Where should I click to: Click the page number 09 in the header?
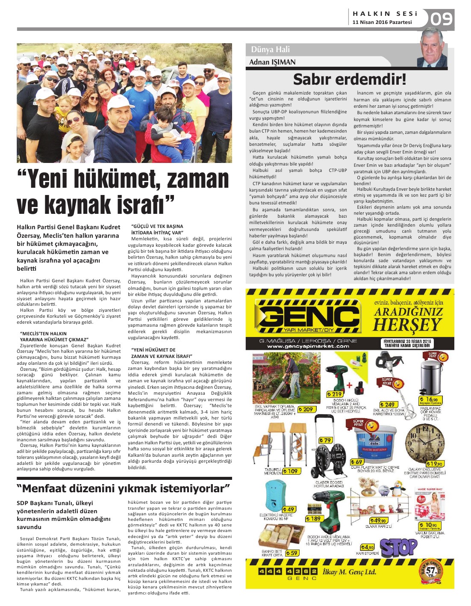click(442, 20)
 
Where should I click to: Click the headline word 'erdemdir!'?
click(371, 80)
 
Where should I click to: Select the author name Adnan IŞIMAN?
click(272, 62)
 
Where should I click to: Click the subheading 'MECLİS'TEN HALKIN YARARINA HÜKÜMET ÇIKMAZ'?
click(54, 336)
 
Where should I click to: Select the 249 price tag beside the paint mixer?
click(388, 404)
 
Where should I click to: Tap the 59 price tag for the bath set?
click(292, 553)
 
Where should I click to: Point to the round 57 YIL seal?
click(432, 571)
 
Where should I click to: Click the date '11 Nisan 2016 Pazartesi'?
click(382, 22)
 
